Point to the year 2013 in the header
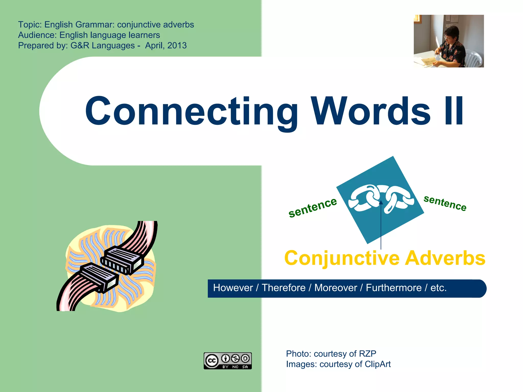177,45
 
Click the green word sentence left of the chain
313,207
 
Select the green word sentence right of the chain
445,203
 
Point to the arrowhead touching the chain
381,203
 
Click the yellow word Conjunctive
342,258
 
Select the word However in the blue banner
233,288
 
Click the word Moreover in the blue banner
336,288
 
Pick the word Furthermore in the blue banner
394,288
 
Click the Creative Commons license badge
228,361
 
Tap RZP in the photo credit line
367,354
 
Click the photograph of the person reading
448,41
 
